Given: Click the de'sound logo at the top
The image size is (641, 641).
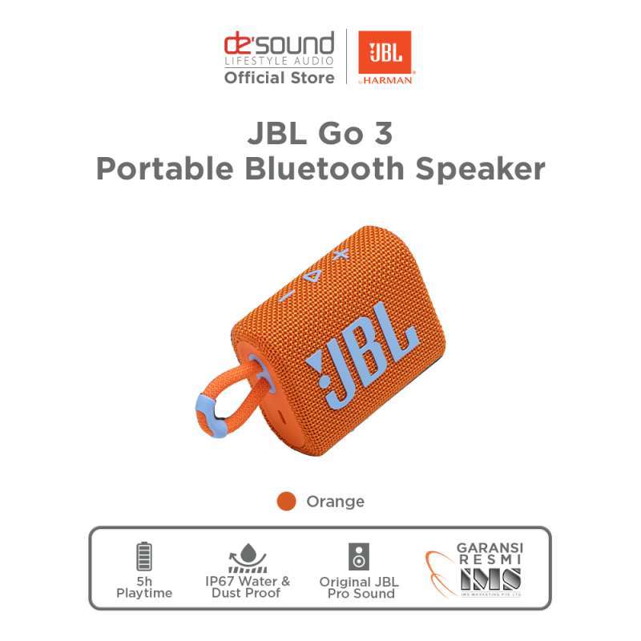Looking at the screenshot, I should [x=278, y=44].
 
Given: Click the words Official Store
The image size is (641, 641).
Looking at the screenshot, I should [x=278, y=78].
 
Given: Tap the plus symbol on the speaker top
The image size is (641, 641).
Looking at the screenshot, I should [x=341, y=254].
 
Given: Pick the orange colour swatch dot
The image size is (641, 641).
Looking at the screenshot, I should [x=286, y=502].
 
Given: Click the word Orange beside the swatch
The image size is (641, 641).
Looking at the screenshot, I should [x=335, y=502].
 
